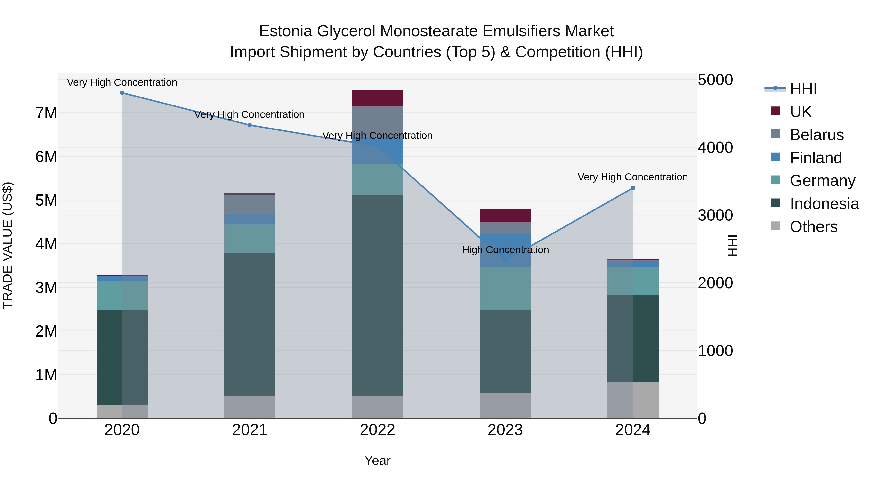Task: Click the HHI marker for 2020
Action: click(x=122, y=93)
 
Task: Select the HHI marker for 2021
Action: click(x=250, y=125)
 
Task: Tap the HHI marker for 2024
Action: click(x=633, y=188)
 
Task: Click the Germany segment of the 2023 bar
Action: click(x=505, y=288)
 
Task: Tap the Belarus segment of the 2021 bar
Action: click(x=250, y=205)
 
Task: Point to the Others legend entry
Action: click(x=813, y=227)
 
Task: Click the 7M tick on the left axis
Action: click(x=46, y=113)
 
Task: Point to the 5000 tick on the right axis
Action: click(x=715, y=80)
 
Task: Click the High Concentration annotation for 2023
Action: click(x=505, y=250)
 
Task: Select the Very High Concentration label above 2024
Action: click(x=632, y=177)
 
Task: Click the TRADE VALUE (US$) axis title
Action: click(x=8, y=245)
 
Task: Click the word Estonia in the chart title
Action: click(x=285, y=31)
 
